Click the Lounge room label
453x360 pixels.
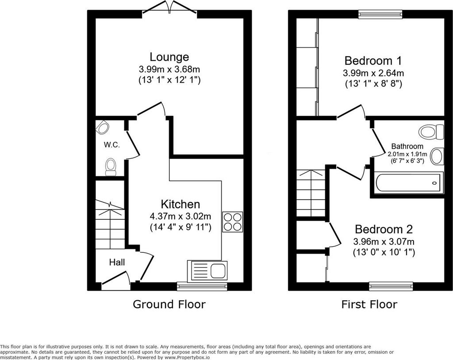click(x=169, y=57)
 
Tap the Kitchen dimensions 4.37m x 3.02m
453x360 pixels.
click(x=180, y=216)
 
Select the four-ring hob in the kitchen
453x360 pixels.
click(x=233, y=222)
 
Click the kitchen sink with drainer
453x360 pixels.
click(x=207, y=271)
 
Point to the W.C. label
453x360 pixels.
click(x=112, y=145)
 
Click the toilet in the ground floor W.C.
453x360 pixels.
click(x=111, y=166)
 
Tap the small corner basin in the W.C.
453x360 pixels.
click(x=102, y=127)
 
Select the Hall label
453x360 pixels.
click(x=117, y=262)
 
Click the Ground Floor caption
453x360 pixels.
click(x=169, y=304)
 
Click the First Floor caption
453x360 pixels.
click(x=369, y=304)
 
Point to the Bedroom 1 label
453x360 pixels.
click(x=373, y=61)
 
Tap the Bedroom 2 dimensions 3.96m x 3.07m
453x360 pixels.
click(x=384, y=241)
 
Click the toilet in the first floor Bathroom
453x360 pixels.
click(x=431, y=132)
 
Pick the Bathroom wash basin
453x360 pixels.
click(x=437, y=156)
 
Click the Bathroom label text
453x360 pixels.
click(x=407, y=146)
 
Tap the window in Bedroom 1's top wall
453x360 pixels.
click(x=380, y=14)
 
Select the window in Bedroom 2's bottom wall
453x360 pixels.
click(x=391, y=286)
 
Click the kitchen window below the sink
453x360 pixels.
click(x=202, y=286)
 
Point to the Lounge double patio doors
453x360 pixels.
click(x=170, y=9)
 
